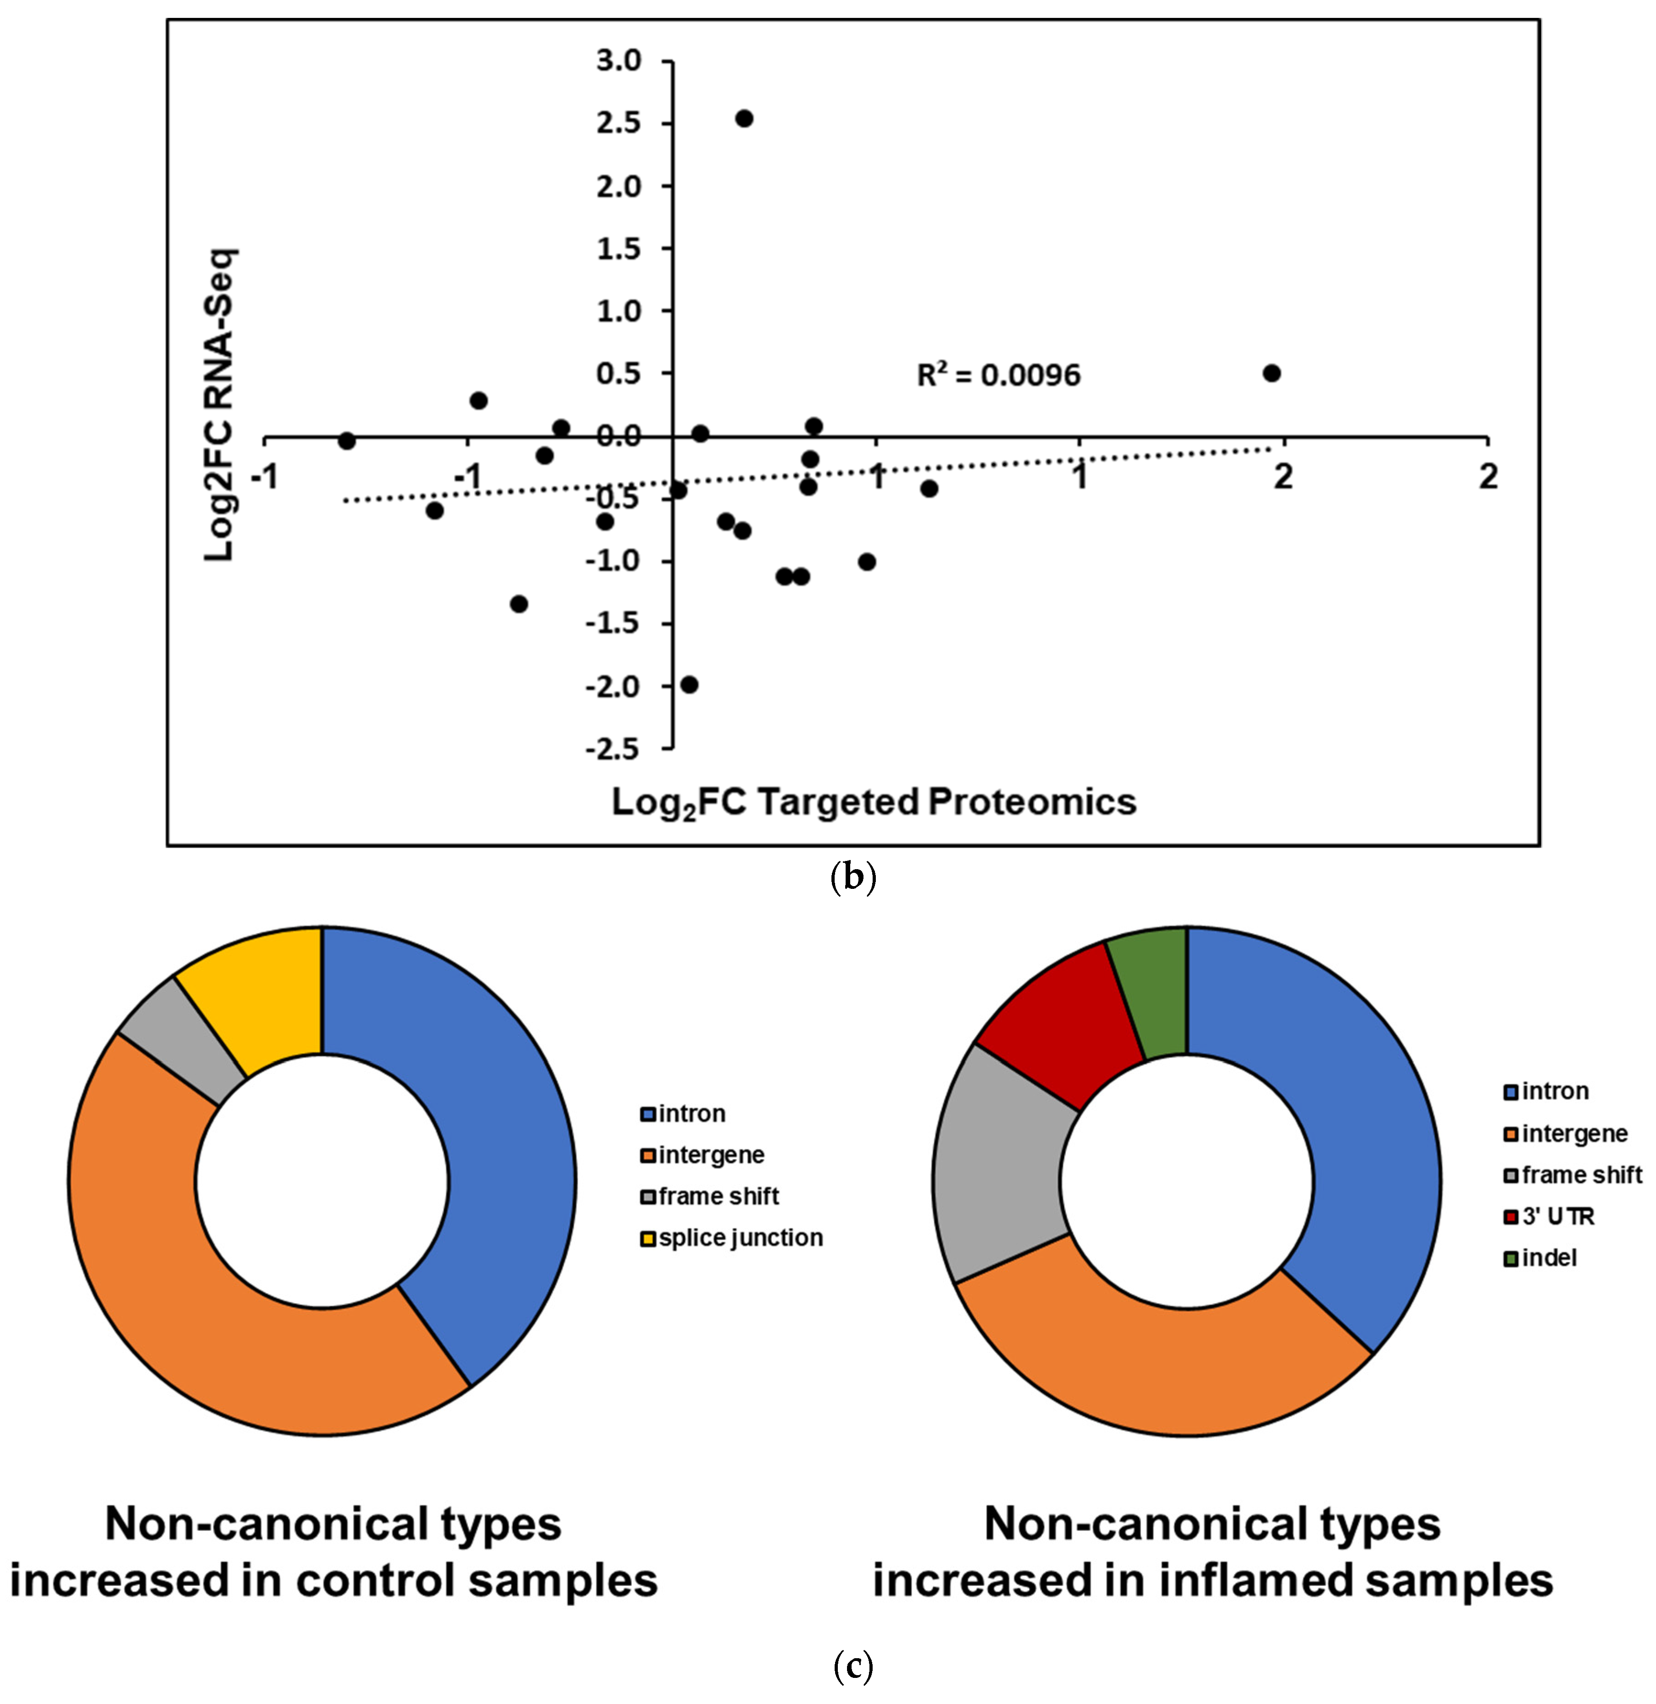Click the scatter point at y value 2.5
744,118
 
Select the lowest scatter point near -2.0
690,685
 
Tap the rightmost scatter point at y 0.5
1271,373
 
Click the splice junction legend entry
739,1238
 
